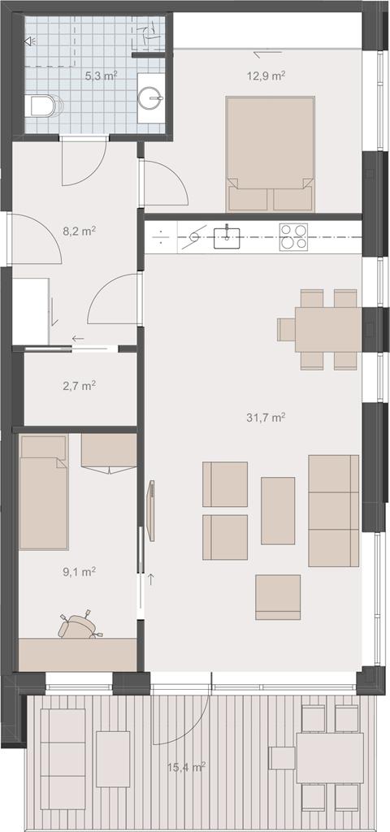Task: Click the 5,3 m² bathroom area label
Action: (101, 76)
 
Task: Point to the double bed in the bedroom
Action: (270, 154)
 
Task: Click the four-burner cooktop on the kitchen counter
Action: (293, 236)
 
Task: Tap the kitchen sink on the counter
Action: (227, 237)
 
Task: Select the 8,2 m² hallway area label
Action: (79, 232)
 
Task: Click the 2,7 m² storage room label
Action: (79, 386)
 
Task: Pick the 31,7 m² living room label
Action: (266, 418)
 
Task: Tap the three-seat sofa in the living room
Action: (334, 510)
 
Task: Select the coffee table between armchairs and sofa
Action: (278, 510)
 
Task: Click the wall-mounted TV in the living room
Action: (151, 510)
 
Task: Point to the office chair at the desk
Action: (80, 626)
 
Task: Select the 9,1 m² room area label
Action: (79, 571)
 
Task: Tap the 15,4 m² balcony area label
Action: (186, 767)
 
